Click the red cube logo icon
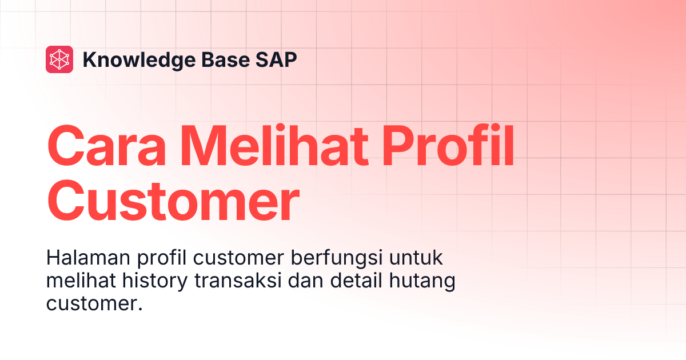click(x=59, y=59)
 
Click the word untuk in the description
click(x=417, y=258)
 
